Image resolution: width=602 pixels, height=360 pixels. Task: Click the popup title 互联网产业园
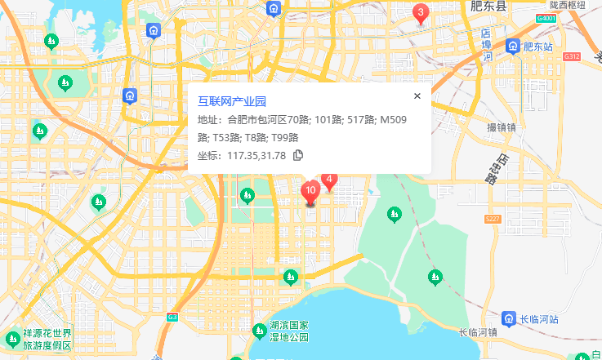click(232, 102)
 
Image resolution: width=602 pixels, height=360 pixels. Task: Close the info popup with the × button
click(417, 96)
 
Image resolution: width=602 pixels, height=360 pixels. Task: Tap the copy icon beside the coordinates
click(298, 155)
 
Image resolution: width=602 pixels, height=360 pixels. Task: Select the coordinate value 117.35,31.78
click(256, 155)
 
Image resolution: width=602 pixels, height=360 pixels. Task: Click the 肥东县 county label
click(488, 7)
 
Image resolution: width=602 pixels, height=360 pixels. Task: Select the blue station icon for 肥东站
click(512, 47)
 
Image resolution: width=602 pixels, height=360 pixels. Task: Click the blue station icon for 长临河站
click(508, 318)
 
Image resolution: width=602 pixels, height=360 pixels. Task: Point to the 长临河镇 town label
click(478, 332)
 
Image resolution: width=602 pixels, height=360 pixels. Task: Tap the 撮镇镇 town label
click(502, 127)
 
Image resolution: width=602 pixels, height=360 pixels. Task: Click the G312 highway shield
click(571, 56)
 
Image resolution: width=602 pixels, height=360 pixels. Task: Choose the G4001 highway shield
click(547, 17)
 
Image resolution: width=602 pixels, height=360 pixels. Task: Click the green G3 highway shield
click(172, 317)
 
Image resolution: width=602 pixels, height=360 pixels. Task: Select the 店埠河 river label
click(486, 46)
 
